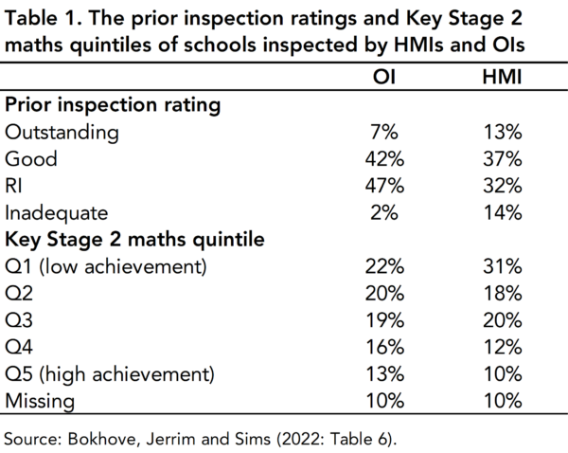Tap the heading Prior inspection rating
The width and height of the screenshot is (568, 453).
114,105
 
